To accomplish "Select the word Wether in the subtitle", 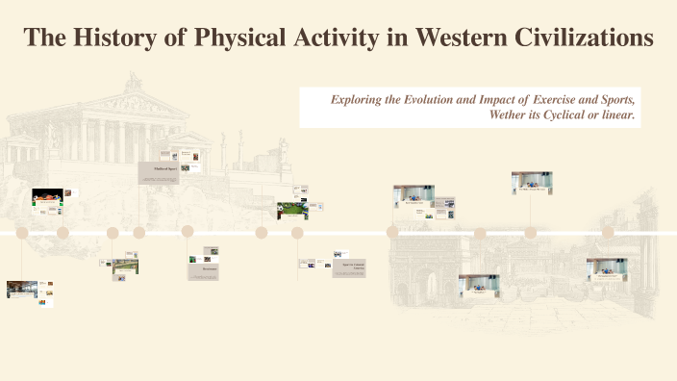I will point(511,115).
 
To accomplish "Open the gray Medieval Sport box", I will point(159,173).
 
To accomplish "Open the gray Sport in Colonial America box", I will point(350,268).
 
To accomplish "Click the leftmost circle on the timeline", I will point(22,232).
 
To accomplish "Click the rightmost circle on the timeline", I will point(608,232).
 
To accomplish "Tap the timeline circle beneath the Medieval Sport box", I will point(139,232).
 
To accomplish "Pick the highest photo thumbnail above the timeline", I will point(531,182).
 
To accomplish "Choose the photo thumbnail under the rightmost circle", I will point(607,268).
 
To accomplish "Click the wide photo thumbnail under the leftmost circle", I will point(21,288).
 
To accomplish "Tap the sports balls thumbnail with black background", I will point(47,195).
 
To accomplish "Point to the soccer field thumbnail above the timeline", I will point(292,209).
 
